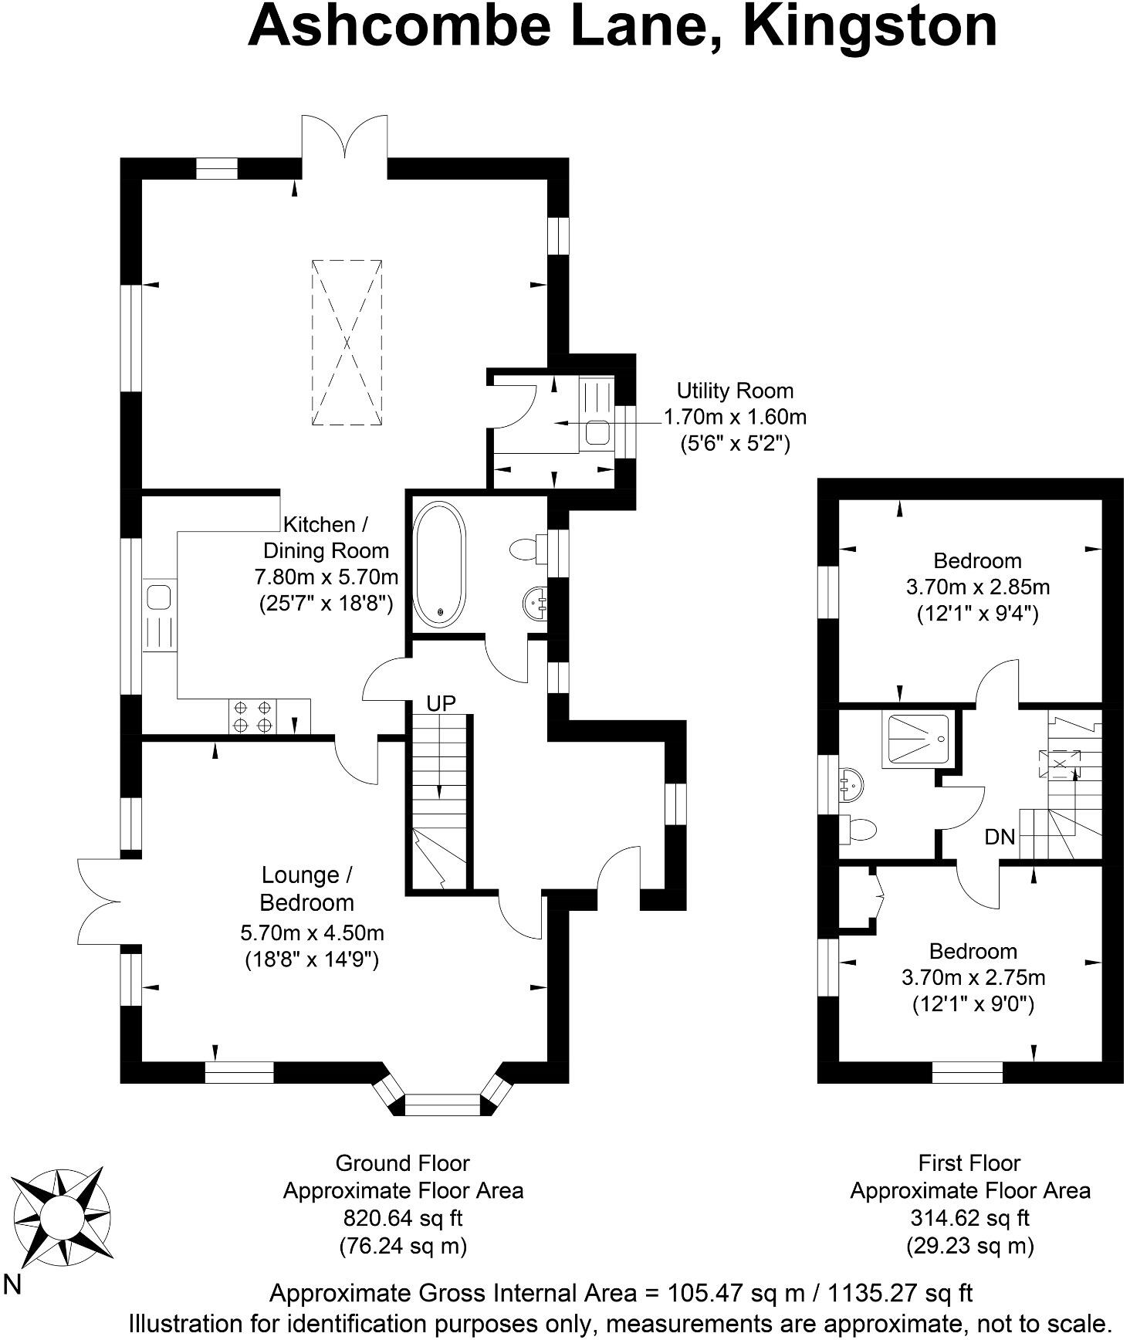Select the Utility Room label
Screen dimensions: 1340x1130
(x=735, y=391)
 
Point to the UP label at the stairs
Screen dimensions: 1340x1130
(x=442, y=703)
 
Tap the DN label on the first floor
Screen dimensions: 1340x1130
(x=1000, y=837)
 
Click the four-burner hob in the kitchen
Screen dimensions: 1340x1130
(x=252, y=716)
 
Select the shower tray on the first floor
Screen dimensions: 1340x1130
(x=918, y=739)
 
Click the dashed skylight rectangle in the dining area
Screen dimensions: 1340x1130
(x=347, y=342)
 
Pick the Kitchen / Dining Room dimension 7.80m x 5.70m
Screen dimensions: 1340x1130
(x=326, y=577)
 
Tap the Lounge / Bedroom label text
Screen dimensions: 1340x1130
(x=307, y=888)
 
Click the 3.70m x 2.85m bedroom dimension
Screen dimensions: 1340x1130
(x=977, y=587)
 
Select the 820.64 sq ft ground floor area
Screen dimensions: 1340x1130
(x=403, y=1218)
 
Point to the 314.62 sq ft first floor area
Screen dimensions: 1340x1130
(x=969, y=1218)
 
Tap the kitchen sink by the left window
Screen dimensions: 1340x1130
(x=159, y=597)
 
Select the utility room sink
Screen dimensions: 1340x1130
(x=597, y=431)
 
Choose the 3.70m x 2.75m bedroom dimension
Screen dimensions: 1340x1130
(x=973, y=978)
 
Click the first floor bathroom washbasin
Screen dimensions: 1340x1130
(x=854, y=783)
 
